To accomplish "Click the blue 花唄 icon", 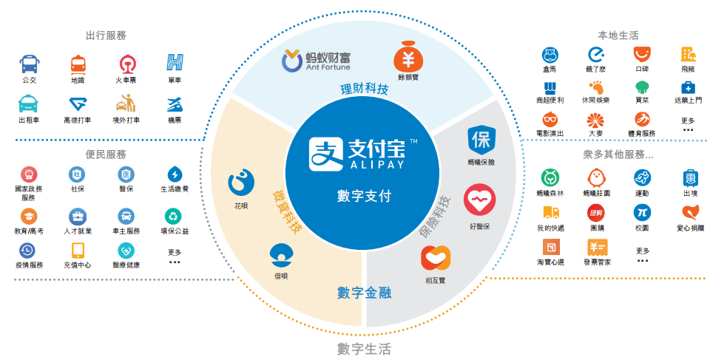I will [x=240, y=181].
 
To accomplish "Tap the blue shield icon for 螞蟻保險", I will [x=481, y=139].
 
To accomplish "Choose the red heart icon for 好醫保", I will [x=479, y=200].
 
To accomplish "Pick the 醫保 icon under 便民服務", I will [x=126, y=174].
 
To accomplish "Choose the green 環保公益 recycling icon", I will [x=175, y=216].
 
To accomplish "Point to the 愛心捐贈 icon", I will [x=689, y=213].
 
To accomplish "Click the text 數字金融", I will [x=364, y=293].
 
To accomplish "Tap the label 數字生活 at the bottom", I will [x=364, y=348].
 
